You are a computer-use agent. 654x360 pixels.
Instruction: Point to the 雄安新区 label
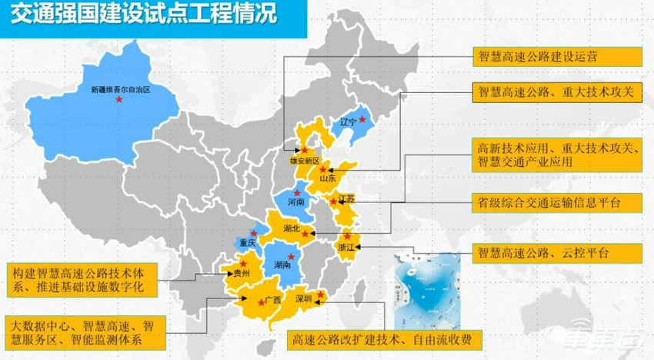pos(303,162)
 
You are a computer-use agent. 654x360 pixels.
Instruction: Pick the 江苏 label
pos(346,199)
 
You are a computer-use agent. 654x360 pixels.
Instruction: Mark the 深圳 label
pos(302,299)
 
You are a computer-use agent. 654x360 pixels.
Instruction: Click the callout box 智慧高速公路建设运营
pos(556,56)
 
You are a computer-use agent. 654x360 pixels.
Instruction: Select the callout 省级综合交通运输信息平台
pos(556,202)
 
